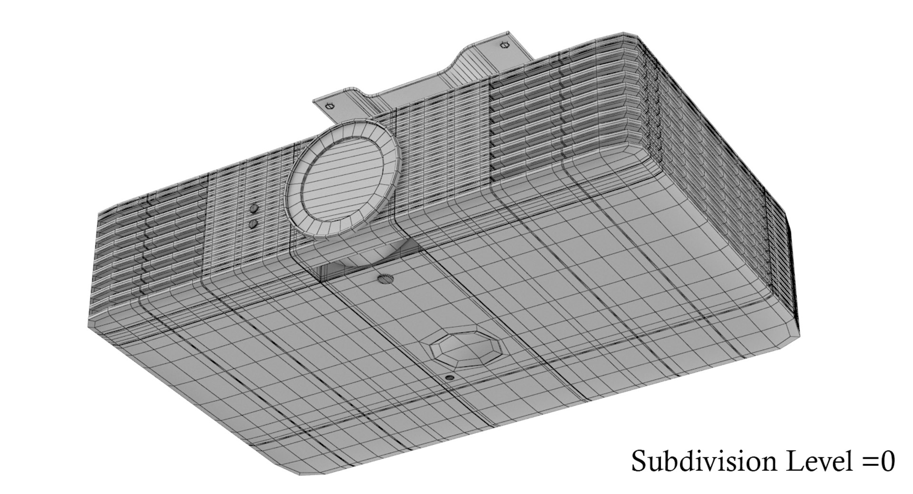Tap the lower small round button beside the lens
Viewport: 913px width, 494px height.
253,223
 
